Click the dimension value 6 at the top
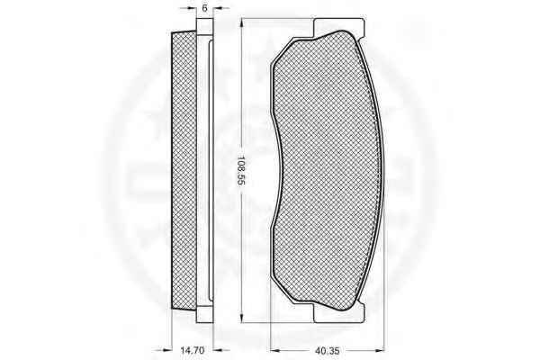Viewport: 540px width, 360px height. [x=204, y=8]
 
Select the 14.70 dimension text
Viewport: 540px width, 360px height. [x=193, y=350]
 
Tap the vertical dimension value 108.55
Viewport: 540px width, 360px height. [x=241, y=171]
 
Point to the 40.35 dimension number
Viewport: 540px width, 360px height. [x=328, y=351]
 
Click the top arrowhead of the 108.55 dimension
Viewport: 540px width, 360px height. [x=242, y=22]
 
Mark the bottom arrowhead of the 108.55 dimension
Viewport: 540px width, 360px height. [x=242, y=319]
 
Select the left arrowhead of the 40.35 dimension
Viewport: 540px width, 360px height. [x=275, y=351]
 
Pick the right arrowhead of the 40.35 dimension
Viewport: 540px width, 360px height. [x=380, y=351]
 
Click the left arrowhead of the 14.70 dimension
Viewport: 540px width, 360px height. [x=167, y=351]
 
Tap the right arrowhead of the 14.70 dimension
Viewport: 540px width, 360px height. [x=218, y=351]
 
